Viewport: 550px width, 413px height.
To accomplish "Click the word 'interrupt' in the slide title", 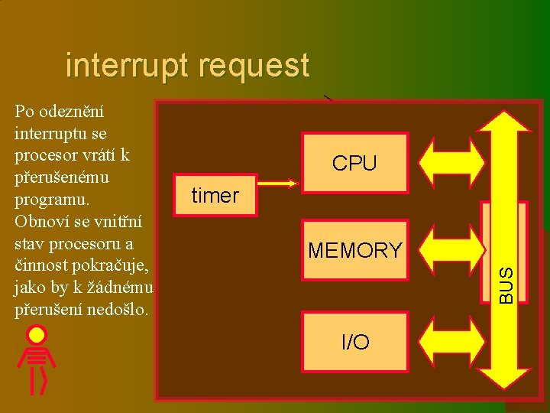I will point(128,66).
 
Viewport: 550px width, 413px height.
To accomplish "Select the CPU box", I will point(354,162).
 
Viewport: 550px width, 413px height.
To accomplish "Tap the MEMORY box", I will point(354,250).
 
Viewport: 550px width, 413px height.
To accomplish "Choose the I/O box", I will point(354,342).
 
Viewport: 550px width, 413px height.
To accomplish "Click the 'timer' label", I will point(215,196).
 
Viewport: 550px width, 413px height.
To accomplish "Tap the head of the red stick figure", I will point(37,335).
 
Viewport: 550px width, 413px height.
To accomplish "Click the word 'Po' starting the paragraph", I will point(24,113).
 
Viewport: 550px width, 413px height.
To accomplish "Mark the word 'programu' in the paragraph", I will point(50,200).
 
